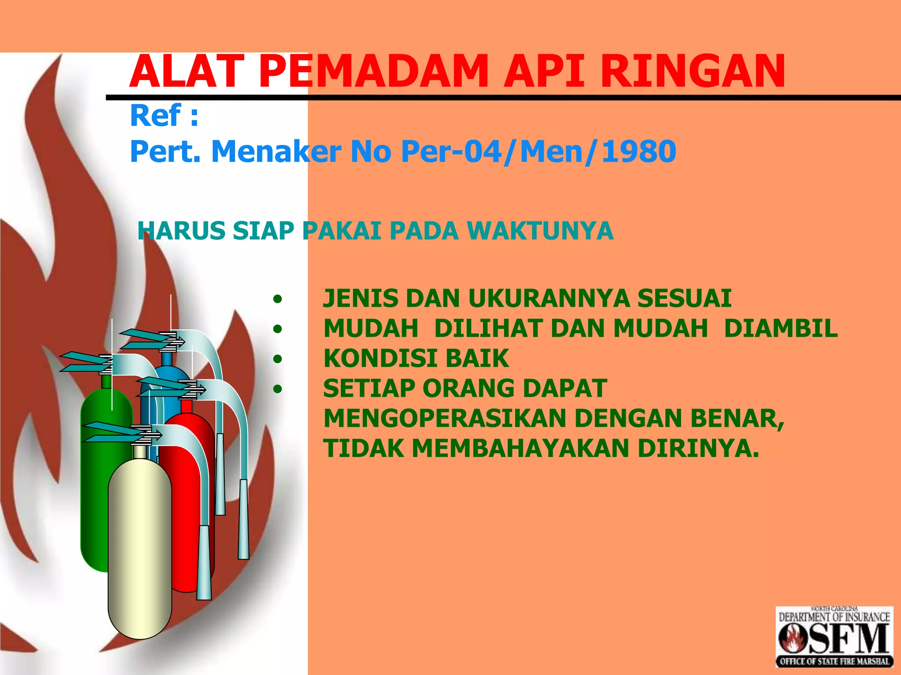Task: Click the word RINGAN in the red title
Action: click(692, 71)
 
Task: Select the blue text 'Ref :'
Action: click(164, 116)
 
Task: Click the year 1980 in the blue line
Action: click(639, 152)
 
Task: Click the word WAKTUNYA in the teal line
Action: click(540, 231)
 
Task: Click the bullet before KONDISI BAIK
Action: click(277, 359)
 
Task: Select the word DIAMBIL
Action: click(780, 328)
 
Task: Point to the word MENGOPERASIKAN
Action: click(445, 418)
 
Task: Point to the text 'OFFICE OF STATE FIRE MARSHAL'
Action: click(834, 661)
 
